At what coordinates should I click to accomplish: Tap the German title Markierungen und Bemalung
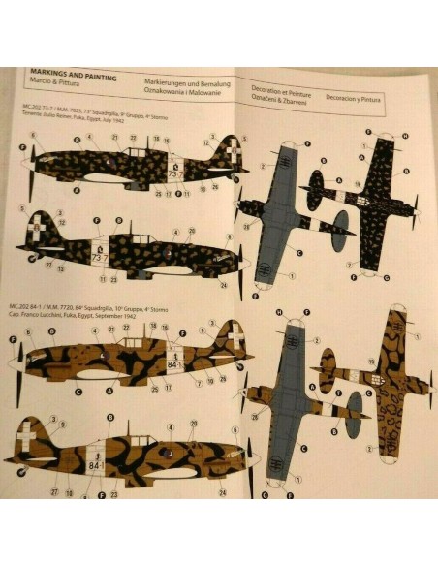pyautogui.click(x=184, y=84)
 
